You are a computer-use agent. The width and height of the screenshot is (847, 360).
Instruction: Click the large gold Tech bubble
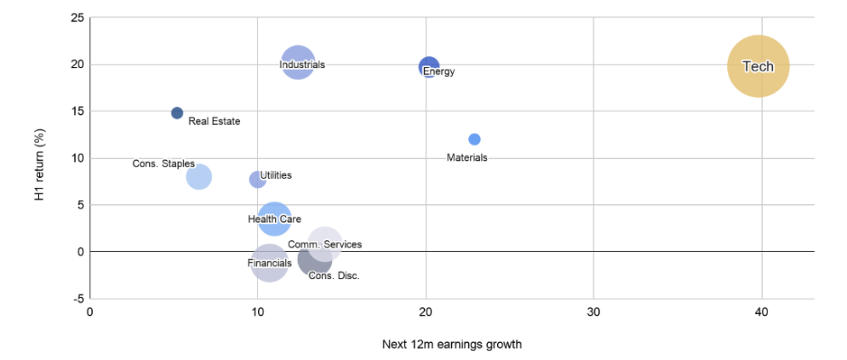click(x=758, y=66)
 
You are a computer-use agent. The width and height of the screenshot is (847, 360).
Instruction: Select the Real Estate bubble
click(x=177, y=113)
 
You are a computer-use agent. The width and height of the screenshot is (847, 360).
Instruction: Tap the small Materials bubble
click(x=474, y=140)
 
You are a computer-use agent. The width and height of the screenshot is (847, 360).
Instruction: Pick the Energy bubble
click(x=429, y=66)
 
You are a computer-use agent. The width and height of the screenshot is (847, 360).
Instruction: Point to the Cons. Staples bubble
click(x=199, y=177)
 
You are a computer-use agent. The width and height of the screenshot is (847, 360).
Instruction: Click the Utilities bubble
click(x=258, y=180)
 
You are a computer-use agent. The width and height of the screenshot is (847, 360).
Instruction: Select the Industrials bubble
click(x=298, y=63)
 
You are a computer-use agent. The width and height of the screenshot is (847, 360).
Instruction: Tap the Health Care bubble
click(x=274, y=219)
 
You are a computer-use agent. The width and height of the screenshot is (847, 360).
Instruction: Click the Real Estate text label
click(x=214, y=122)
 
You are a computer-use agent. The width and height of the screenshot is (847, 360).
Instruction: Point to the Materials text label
click(x=466, y=157)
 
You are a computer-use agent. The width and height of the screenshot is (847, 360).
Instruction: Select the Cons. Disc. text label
click(x=334, y=276)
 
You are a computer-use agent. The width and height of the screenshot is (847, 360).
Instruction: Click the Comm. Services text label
click(x=324, y=244)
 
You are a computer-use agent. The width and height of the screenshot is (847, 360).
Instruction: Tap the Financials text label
click(x=270, y=263)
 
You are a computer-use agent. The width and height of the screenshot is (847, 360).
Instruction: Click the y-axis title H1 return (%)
click(x=39, y=165)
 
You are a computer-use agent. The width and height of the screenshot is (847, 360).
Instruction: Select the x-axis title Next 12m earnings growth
click(x=452, y=345)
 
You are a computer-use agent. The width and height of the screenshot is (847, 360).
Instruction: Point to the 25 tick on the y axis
click(x=77, y=18)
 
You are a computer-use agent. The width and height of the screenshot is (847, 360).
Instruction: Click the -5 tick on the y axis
click(x=79, y=299)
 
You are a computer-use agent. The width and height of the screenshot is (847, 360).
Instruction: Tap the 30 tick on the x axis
click(x=593, y=311)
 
